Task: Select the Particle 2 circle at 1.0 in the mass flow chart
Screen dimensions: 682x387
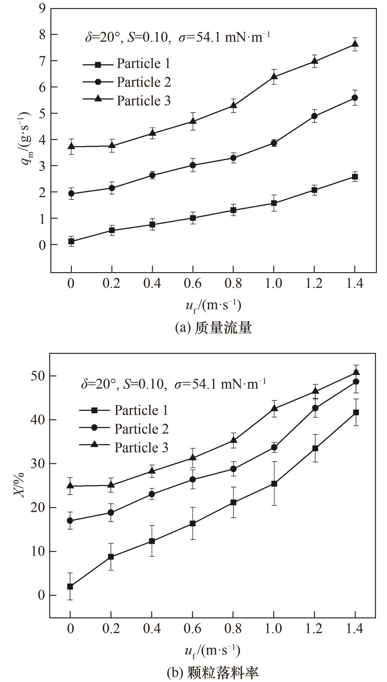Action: point(274,143)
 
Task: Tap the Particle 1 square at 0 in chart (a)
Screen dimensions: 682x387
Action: point(71,241)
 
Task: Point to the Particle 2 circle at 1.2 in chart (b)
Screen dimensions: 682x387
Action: point(315,408)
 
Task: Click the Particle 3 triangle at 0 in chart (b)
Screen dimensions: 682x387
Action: point(70,485)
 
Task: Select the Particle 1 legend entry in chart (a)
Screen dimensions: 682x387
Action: point(126,64)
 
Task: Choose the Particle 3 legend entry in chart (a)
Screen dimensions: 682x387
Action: point(126,101)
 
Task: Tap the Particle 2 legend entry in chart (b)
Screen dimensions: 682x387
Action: point(124,429)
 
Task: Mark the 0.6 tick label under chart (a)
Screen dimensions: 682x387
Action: point(192,283)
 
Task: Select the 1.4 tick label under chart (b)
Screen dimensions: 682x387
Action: point(355,628)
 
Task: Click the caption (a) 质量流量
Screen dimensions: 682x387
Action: point(213,328)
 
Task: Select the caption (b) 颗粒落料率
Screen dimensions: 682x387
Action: point(213,672)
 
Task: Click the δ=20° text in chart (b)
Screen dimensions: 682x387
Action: point(99,384)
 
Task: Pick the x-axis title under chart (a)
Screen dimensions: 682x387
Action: point(213,306)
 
